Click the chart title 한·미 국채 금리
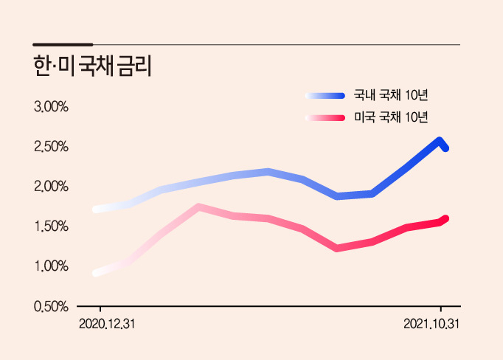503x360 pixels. pyautogui.click(x=92, y=66)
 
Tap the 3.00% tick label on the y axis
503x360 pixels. pyautogui.click(x=51, y=107)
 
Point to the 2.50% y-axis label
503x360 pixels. pyautogui.click(x=51, y=147)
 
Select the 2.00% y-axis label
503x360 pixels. pyautogui.click(x=51, y=187)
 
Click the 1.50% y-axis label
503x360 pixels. pyautogui.click(x=51, y=226)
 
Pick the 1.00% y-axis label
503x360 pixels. pyautogui.click(x=51, y=266)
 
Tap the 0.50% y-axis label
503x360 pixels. pyautogui.click(x=51, y=306)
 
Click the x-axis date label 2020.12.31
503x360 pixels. pyautogui.click(x=107, y=324)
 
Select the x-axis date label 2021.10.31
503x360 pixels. pyautogui.click(x=431, y=324)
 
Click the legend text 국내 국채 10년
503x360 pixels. pyautogui.click(x=391, y=95)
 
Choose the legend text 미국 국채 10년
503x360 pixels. pyautogui.click(x=391, y=117)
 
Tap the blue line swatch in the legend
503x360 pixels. pyautogui.click(x=325, y=96)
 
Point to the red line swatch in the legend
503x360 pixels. pyautogui.click(x=325, y=118)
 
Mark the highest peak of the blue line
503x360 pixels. pyautogui.click(x=439, y=140)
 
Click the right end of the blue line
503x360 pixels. pyautogui.click(x=445, y=148)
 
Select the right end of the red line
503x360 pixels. pyautogui.click(x=445, y=219)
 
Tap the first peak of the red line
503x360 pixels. pyautogui.click(x=198, y=207)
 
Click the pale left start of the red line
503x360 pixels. pyautogui.click(x=96, y=274)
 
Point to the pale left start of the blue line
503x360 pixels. pyautogui.click(x=96, y=210)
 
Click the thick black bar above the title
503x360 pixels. pyautogui.click(x=63, y=44)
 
